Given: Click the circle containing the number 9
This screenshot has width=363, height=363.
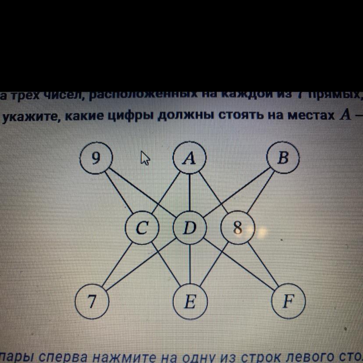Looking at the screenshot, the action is [96, 158].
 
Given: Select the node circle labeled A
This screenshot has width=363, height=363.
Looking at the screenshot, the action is [189, 158].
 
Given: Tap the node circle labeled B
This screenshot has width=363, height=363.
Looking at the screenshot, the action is [283, 158].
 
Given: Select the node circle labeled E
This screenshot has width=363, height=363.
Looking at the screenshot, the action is [189, 302].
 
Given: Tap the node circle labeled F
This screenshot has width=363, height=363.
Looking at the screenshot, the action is [288, 302].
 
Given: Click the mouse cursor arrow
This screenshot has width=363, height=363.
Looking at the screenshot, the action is [145, 158].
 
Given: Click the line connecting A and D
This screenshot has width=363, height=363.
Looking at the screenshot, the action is [189, 193].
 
